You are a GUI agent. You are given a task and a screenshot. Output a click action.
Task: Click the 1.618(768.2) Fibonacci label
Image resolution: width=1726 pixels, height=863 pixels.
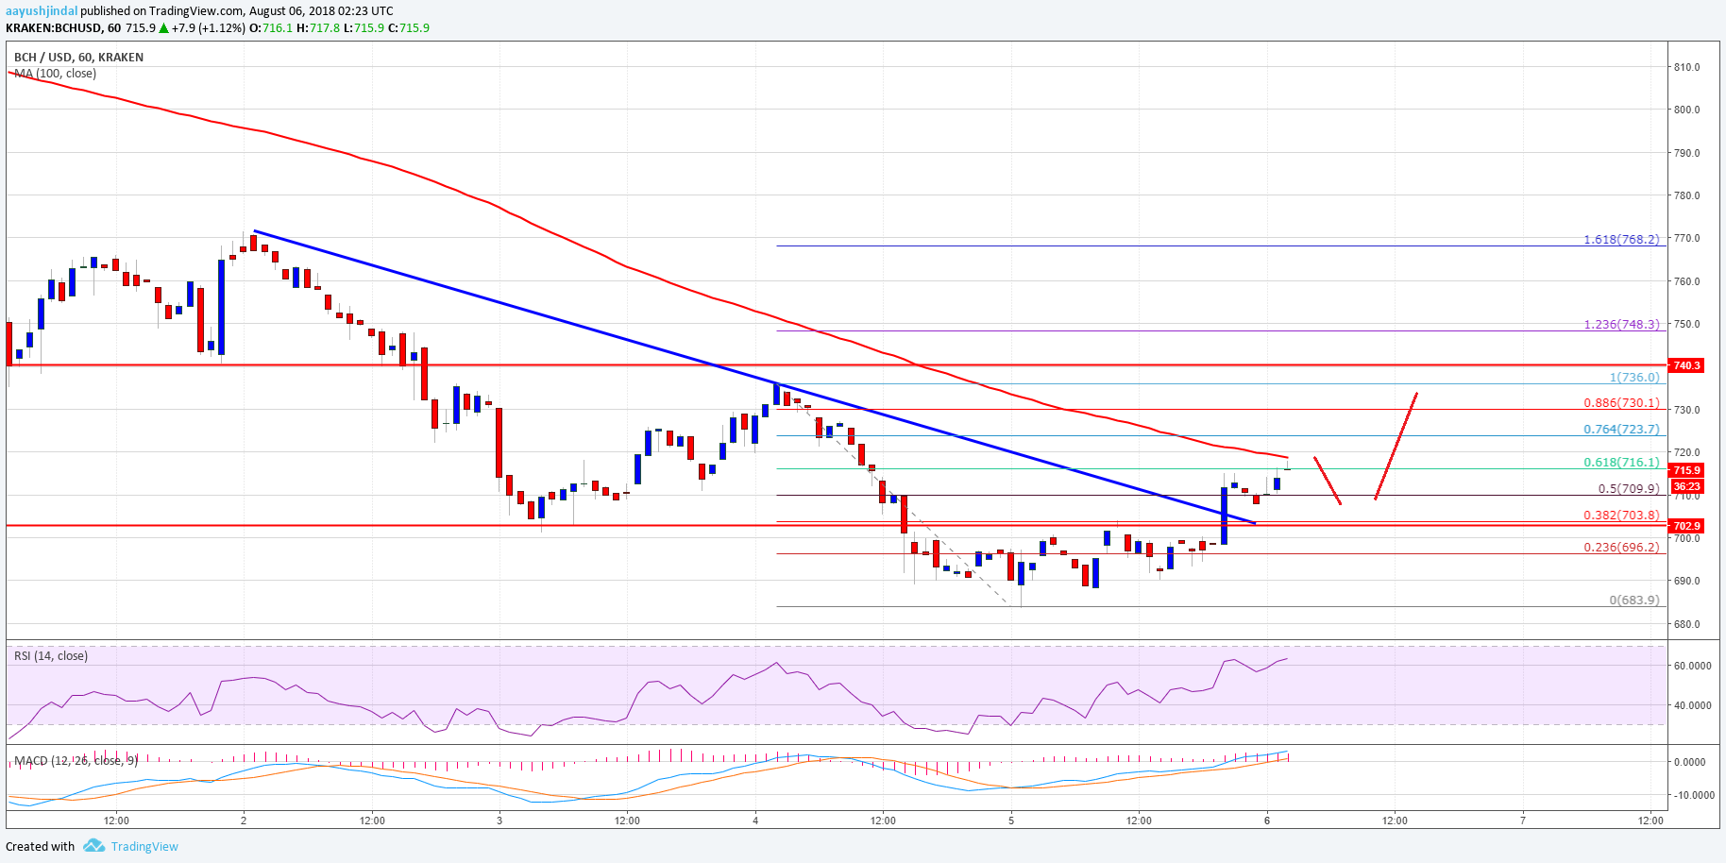(x=1621, y=240)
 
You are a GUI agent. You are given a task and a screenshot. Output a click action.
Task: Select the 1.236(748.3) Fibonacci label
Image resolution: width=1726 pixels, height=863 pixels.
(x=1621, y=325)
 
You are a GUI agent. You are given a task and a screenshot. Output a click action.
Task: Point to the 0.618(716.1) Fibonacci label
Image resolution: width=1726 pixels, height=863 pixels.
(x=1621, y=463)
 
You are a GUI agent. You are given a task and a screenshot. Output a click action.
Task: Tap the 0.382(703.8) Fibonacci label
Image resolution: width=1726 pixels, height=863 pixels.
(x=1621, y=516)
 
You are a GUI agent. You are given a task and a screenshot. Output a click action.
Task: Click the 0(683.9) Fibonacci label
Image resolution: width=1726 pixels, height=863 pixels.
(x=1633, y=601)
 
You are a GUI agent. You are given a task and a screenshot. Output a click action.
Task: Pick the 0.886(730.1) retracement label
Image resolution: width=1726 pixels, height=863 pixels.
(x=1621, y=403)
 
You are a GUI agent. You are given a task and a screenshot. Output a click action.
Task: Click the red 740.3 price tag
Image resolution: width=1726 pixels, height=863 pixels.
(x=1686, y=365)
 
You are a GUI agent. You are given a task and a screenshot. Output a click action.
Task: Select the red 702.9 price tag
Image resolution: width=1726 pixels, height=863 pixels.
(x=1686, y=526)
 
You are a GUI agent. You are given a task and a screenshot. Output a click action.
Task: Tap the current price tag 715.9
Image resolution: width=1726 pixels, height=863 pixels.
(x=1686, y=470)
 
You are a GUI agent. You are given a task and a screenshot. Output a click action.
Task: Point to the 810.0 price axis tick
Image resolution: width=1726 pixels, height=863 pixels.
(x=1686, y=67)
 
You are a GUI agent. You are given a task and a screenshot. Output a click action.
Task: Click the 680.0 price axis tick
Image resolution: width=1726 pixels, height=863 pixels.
(x=1686, y=624)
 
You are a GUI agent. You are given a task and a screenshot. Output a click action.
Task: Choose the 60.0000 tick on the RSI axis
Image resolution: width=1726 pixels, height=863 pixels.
(x=1692, y=666)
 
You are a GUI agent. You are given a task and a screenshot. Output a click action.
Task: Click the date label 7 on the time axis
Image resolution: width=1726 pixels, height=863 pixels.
(x=1523, y=821)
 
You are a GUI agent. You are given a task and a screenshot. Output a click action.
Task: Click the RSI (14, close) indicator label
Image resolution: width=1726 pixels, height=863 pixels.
(x=51, y=656)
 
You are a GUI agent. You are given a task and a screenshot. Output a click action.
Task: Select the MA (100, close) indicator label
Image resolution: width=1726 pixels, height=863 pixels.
(x=55, y=74)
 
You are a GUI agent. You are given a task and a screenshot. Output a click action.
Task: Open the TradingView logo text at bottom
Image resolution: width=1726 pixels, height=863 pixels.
(x=144, y=847)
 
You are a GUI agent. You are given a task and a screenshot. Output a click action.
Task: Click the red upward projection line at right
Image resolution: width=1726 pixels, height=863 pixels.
(x=1396, y=446)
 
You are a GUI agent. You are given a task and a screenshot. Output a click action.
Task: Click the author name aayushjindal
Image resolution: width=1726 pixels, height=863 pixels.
(x=42, y=11)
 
